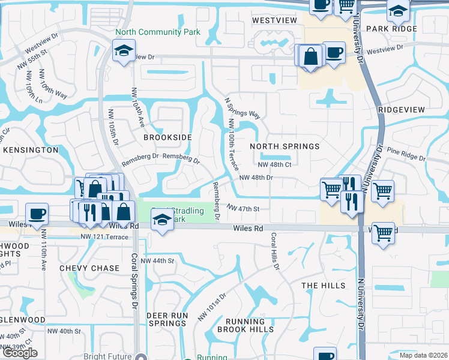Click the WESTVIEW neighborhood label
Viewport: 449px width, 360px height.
274,20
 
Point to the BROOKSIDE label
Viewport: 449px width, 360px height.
167,137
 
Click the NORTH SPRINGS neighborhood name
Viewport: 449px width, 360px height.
285,146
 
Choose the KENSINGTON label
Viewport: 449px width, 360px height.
29,149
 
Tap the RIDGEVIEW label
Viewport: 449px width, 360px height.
402,110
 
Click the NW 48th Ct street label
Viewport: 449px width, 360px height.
274,164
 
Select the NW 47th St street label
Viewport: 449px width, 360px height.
243,209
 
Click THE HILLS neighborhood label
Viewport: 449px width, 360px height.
324,286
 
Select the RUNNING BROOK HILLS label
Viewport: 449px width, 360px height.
245,325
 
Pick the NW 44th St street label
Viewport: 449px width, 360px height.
157,261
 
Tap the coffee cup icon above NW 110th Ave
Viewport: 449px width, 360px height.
37,214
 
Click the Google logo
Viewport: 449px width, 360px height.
19,353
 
